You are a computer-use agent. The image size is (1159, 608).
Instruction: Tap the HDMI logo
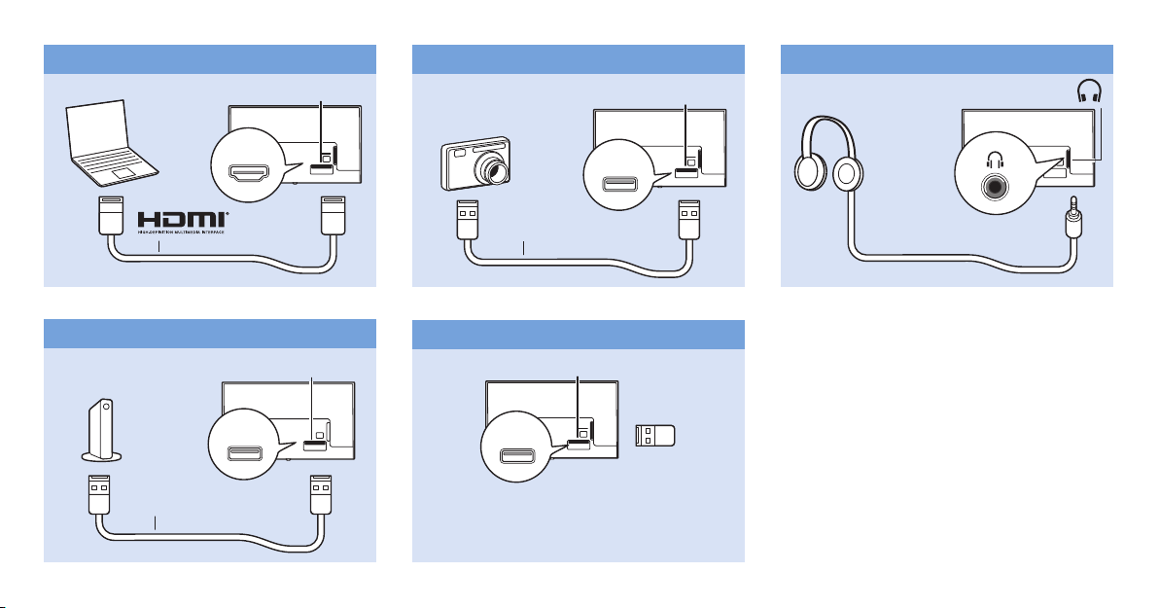coord(184,220)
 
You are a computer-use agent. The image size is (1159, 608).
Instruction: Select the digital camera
coord(474,161)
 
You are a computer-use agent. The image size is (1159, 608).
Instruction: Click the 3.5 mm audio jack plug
coord(1072,220)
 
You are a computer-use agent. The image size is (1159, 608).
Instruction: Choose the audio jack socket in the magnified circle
coord(994,186)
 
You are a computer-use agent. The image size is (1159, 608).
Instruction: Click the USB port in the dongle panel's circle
coord(520,457)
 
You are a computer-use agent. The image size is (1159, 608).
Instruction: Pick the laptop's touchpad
coord(123,171)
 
